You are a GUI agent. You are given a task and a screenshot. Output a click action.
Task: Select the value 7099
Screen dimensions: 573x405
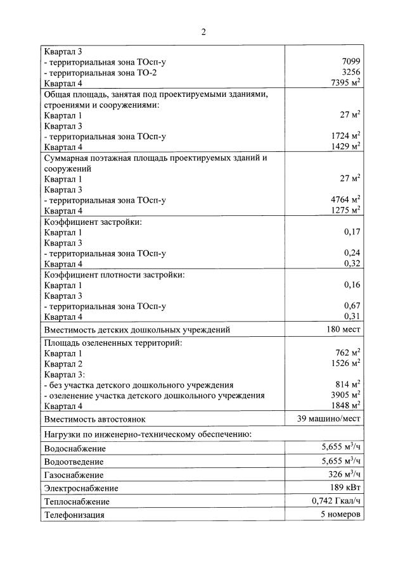point(350,62)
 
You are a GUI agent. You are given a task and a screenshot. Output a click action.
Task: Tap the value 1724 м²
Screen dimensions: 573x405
point(346,135)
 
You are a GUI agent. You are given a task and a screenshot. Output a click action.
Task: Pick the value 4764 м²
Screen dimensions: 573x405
point(346,200)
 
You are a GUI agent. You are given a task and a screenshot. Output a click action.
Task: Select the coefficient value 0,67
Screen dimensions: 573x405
point(352,306)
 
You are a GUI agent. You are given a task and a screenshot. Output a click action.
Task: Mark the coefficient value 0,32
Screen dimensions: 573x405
point(352,263)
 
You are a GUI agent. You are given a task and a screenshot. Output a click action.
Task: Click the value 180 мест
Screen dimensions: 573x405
point(344,329)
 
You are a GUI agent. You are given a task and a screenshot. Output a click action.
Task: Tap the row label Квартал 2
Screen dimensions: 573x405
point(63,363)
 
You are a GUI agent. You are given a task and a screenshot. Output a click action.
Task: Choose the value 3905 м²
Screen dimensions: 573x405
point(346,395)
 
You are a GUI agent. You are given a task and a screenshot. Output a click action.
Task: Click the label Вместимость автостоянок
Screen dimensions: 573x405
point(94,419)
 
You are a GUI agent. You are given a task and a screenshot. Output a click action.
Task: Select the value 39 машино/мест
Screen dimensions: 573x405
point(329,419)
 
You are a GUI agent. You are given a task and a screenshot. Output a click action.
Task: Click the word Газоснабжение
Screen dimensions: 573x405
point(74,475)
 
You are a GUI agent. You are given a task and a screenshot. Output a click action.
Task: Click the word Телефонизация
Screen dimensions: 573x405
point(74,515)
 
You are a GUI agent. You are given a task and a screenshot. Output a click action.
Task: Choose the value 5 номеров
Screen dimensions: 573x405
point(340,514)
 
